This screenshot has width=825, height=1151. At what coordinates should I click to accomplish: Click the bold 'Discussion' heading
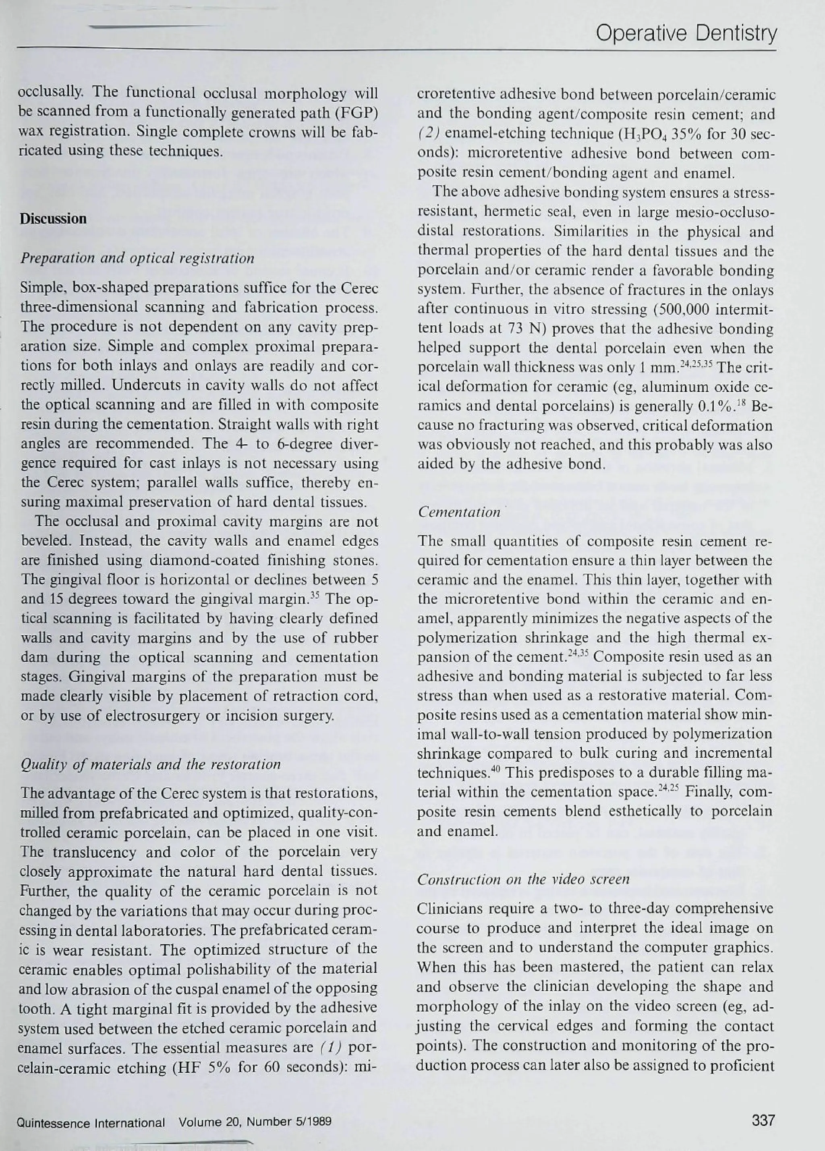coord(53,219)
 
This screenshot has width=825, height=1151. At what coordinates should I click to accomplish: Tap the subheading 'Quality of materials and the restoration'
coord(150,764)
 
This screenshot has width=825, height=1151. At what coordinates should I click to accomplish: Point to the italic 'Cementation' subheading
coord(459,512)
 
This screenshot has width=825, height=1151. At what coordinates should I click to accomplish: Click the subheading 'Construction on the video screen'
coord(523,879)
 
